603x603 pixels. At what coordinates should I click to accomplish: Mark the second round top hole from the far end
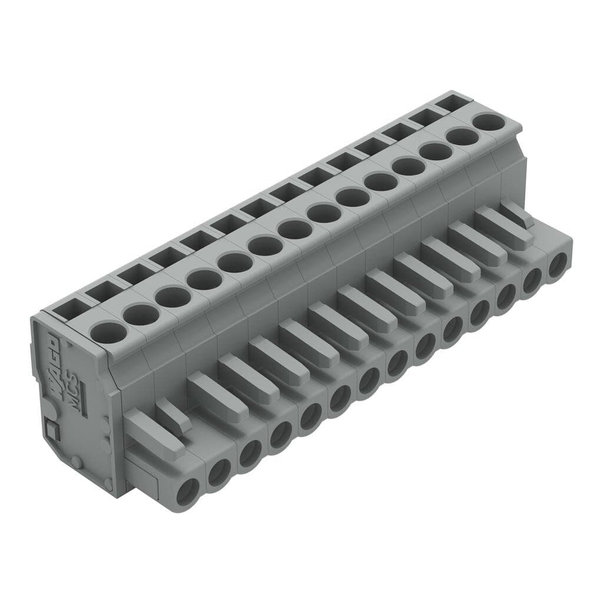pyautogui.click(x=463, y=137)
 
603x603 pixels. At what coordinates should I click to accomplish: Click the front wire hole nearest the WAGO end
pyautogui.click(x=188, y=491)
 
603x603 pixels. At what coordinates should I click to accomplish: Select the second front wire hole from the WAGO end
pyautogui.click(x=219, y=472)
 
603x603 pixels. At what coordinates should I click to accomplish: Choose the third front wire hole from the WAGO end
pyautogui.click(x=250, y=453)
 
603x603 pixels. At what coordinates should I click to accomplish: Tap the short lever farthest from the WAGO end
pyautogui.click(x=516, y=213)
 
